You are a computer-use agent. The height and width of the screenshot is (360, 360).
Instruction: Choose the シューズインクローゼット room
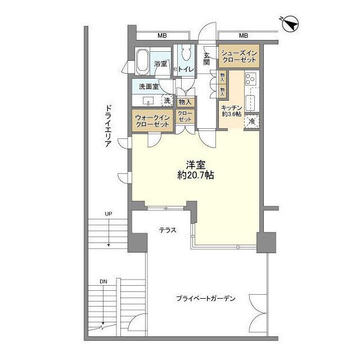tap(238, 56)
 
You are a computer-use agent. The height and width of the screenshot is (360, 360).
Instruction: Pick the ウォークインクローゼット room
tap(153, 120)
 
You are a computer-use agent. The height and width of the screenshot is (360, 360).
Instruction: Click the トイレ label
tap(187, 69)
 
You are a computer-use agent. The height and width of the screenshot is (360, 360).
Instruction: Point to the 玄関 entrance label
tap(207, 58)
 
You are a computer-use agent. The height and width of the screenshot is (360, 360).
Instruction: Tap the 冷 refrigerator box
tap(251, 121)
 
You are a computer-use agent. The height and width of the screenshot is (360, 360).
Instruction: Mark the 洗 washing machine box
tap(166, 101)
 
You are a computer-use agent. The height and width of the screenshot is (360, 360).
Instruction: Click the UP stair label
tap(107, 214)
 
